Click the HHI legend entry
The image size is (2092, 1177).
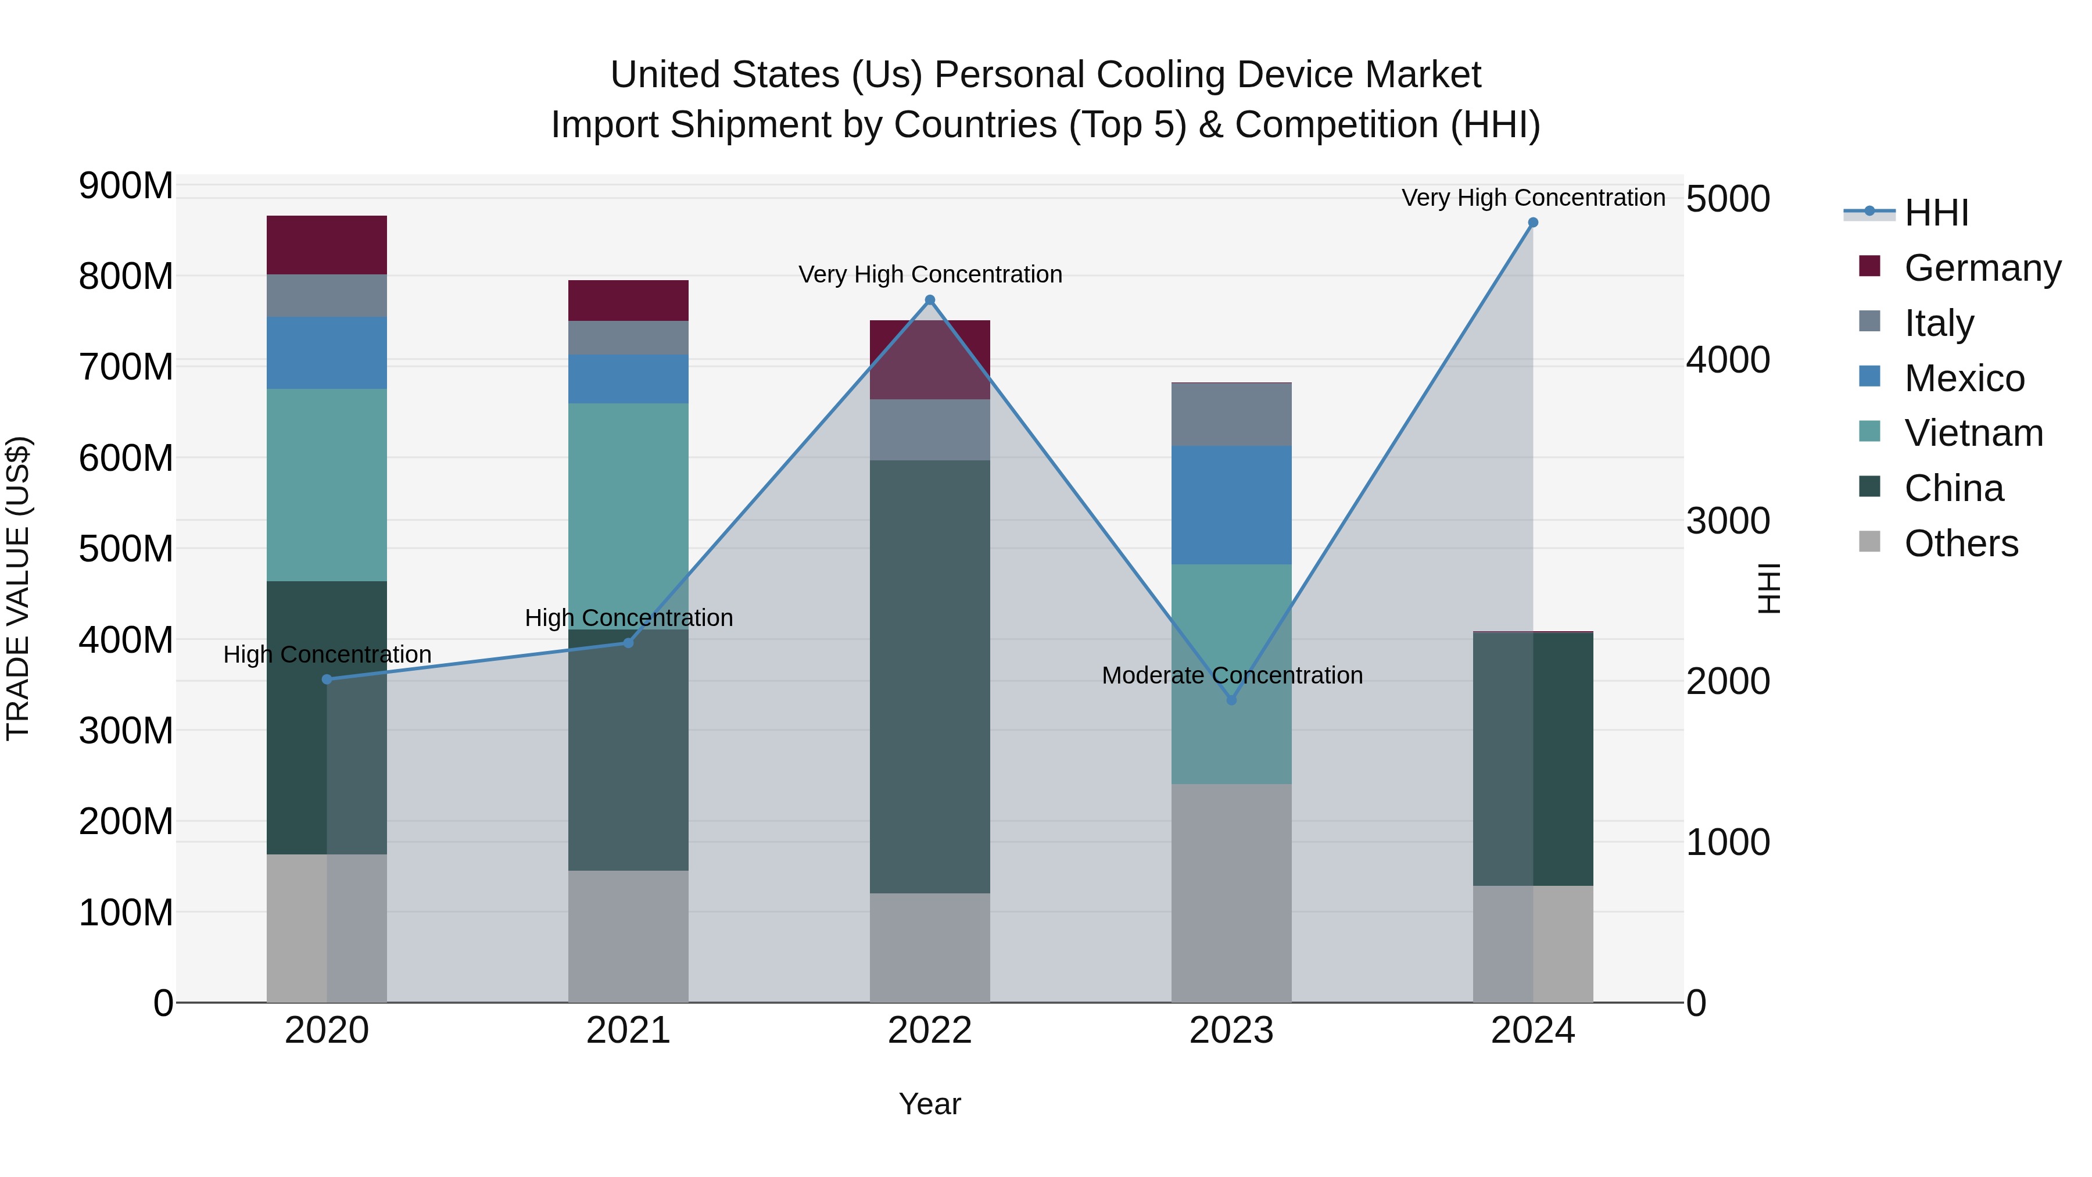coord(1936,213)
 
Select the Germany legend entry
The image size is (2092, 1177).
coord(1982,268)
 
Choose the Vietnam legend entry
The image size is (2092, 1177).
coord(1973,433)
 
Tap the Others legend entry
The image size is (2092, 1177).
coord(1961,543)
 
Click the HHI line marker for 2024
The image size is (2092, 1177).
coord(1532,223)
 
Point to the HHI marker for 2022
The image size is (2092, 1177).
coord(930,300)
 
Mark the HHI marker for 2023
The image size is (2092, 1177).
coord(1231,699)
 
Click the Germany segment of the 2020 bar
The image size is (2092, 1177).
coord(327,245)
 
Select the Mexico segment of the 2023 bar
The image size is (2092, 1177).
coord(1231,505)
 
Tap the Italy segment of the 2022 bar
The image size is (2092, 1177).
coord(930,430)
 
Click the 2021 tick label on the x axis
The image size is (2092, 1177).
coord(628,1031)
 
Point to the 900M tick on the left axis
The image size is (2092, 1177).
coord(126,186)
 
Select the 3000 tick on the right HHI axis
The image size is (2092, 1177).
coord(1728,521)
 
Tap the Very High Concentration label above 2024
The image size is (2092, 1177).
coord(1532,198)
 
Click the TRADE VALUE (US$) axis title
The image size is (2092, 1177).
coord(18,588)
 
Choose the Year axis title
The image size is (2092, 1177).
coord(929,1104)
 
